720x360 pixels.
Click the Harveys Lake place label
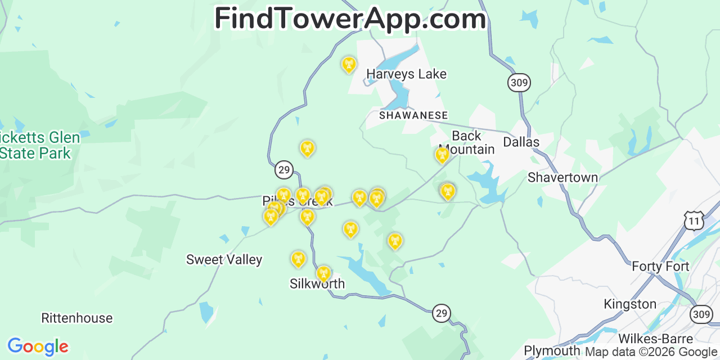(406, 74)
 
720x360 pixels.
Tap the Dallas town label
(521, 142)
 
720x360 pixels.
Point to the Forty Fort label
(660, 266)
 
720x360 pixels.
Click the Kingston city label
(630, 304)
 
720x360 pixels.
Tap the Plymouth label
(552, 351)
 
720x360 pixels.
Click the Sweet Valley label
(224, 259)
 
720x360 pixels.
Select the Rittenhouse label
(77, 318)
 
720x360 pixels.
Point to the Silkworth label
(317, 284)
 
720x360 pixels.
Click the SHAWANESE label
(413, 115)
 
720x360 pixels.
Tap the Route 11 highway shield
(694, 221)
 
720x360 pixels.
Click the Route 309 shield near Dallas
(519, 83)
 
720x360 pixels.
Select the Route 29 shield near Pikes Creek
(284, 169)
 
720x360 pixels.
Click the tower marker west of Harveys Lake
(349, 65)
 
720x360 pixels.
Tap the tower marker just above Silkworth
(323, 273)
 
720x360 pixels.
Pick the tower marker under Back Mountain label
(443, 155)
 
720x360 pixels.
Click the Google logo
(38, 346)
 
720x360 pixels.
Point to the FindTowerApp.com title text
(350, 19)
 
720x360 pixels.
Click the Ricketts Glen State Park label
(37, 145)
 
